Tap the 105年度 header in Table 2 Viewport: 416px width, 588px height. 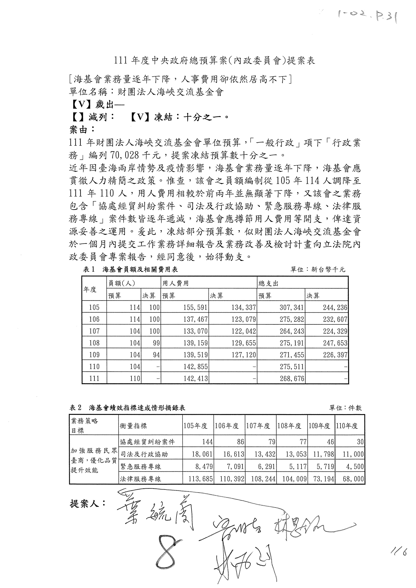[x=195, y=426]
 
